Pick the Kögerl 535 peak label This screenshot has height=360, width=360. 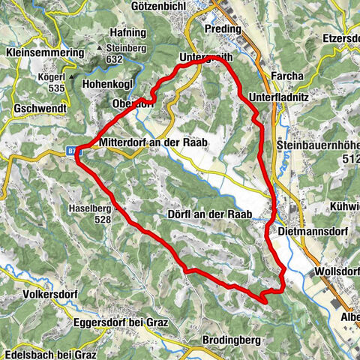pos(50,82)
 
